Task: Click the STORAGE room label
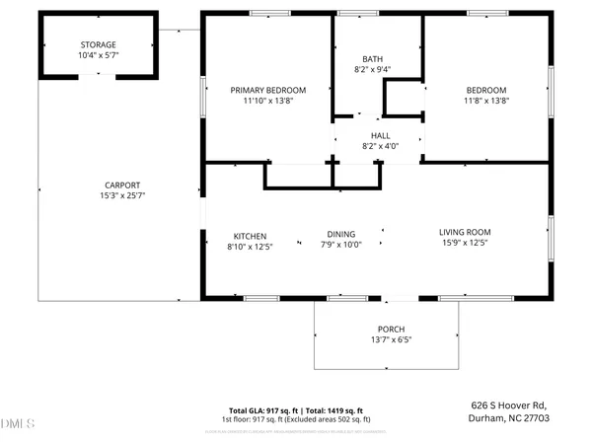(98, 44)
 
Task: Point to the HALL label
(380, 135)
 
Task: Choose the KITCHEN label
(250, 235)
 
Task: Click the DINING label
(341, 235)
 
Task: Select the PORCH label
(391, 329)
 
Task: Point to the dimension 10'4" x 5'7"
(98, 55)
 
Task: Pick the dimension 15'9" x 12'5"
(464, 243)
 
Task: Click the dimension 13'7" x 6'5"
(391, 339)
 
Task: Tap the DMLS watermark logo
(18, 423)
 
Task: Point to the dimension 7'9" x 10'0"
(341, 246)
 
